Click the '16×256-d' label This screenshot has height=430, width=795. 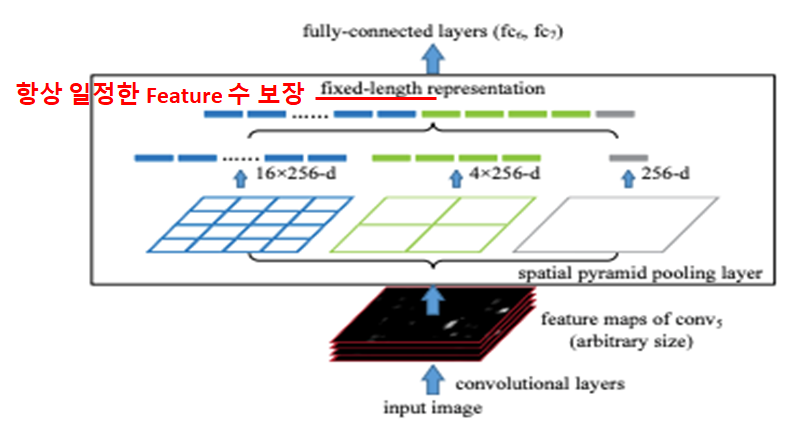(296, 174)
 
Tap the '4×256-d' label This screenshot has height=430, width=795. (504, 174)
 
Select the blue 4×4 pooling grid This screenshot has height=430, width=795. (250, 224)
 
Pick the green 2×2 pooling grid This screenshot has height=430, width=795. (433, 224)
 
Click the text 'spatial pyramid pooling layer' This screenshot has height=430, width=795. (640, 273)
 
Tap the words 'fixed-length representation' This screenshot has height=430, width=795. (433, 89)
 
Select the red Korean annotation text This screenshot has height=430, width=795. (160, 94)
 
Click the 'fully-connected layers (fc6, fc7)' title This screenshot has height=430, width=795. (433, 31)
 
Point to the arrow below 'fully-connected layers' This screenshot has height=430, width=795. (433, 59)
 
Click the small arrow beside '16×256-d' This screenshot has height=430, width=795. (240, 178)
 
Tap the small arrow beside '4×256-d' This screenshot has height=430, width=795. (456, 178)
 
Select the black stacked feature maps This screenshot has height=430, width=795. (432, 325)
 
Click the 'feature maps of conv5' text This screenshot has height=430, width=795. (632, 319)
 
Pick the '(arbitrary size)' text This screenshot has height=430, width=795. (631, 341)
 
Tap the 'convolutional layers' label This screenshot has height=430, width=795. (540, 384)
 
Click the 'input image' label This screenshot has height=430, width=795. (432, 408)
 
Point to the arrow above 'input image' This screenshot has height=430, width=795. (433, 380)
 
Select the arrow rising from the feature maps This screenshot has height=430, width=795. (433, 300)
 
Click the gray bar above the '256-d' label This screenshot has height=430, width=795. (629, 158)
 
